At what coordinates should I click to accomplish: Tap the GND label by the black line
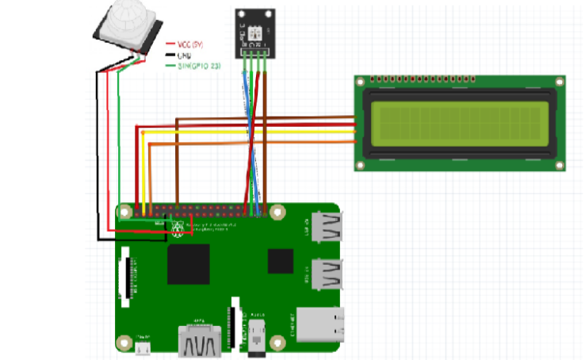pos(182,55)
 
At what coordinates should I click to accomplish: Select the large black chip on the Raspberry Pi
pos(188,264)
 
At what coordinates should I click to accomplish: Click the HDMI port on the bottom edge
pos(199,340)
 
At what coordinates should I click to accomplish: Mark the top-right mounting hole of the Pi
pos(277,213)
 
